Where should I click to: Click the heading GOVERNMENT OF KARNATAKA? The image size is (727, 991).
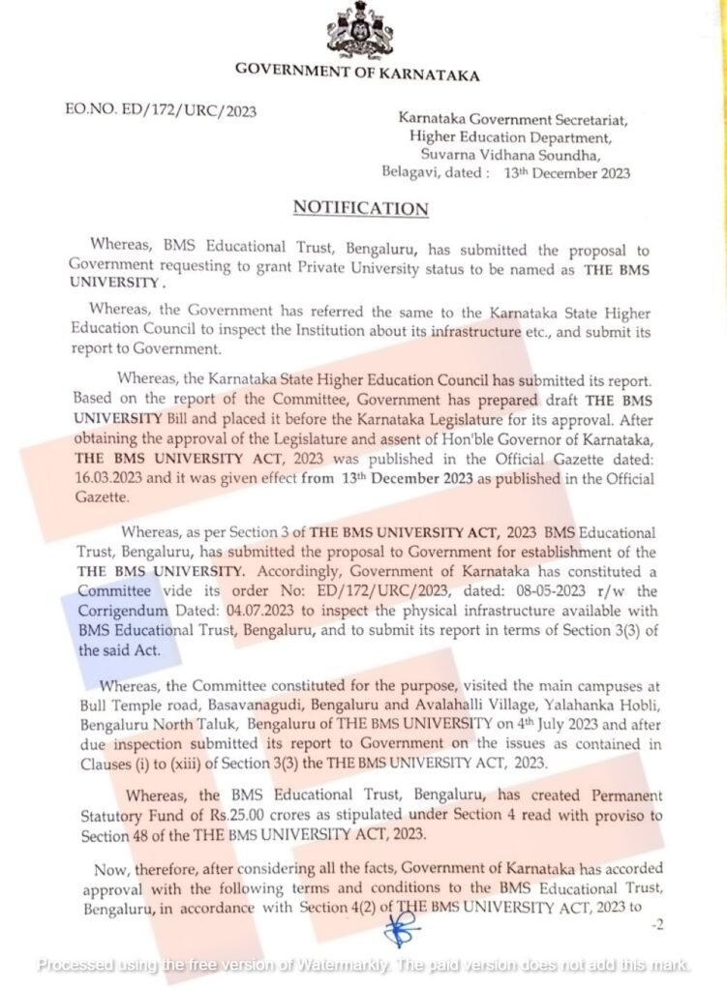pos(357,74)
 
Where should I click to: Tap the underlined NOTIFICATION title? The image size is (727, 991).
pos(360,208)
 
